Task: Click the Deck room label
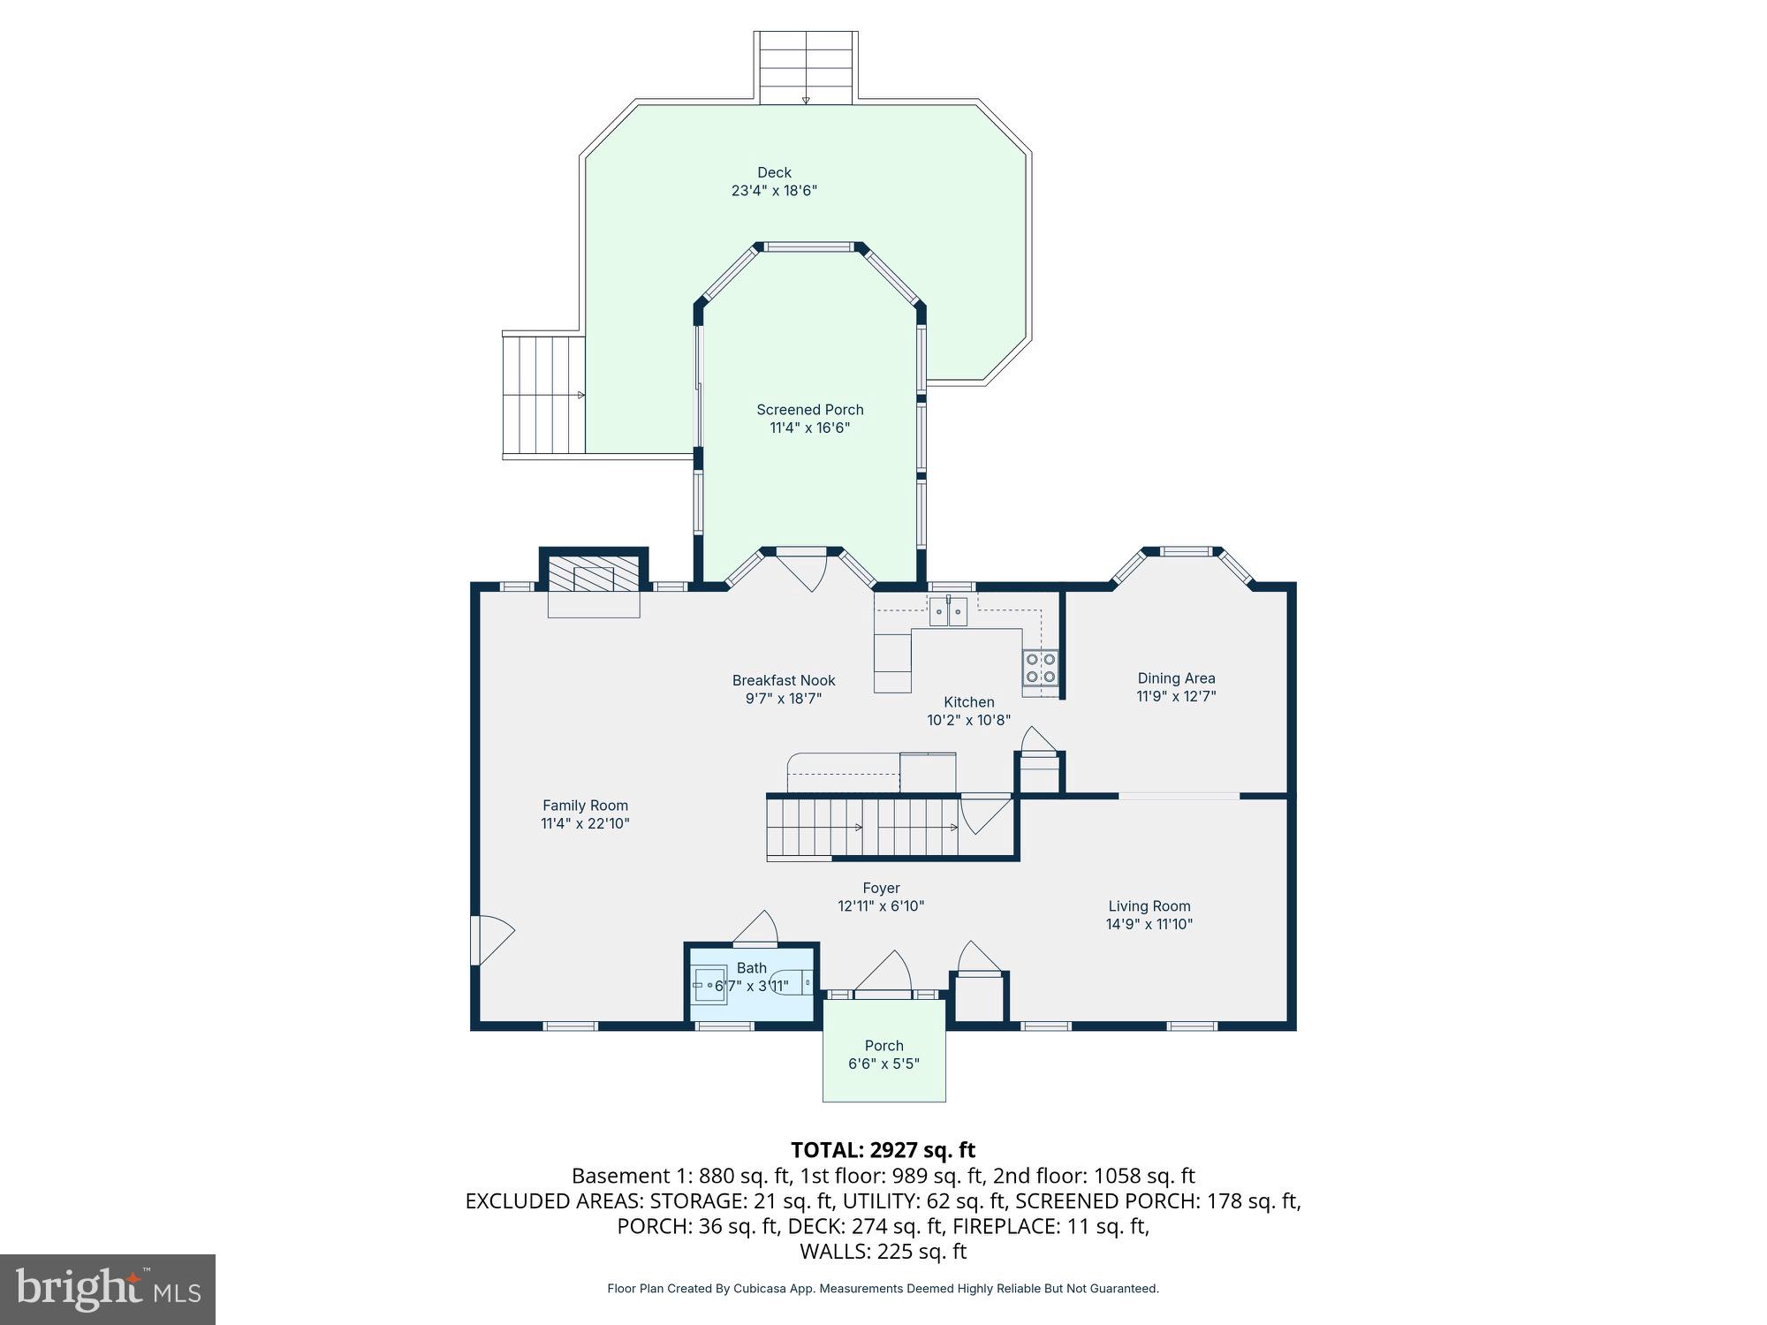tap(774, 173)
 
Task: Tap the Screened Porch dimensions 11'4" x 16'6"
tap(809, 428)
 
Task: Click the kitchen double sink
tap(948, 611)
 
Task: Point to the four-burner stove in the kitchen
tap(1041, 668)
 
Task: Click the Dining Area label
tap(1176, 678)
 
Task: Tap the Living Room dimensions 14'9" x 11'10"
tap(1149, 925)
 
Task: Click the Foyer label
tap(881, 889)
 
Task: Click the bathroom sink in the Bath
tap(709, 985)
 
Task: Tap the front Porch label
tap(883, 1046)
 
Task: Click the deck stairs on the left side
tap(543, 395)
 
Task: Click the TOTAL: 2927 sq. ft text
tap(882, 1150)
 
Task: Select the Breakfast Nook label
tap(783, 681)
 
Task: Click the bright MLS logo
tap(108, 1290)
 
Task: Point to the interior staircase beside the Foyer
tap(862, 828)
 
